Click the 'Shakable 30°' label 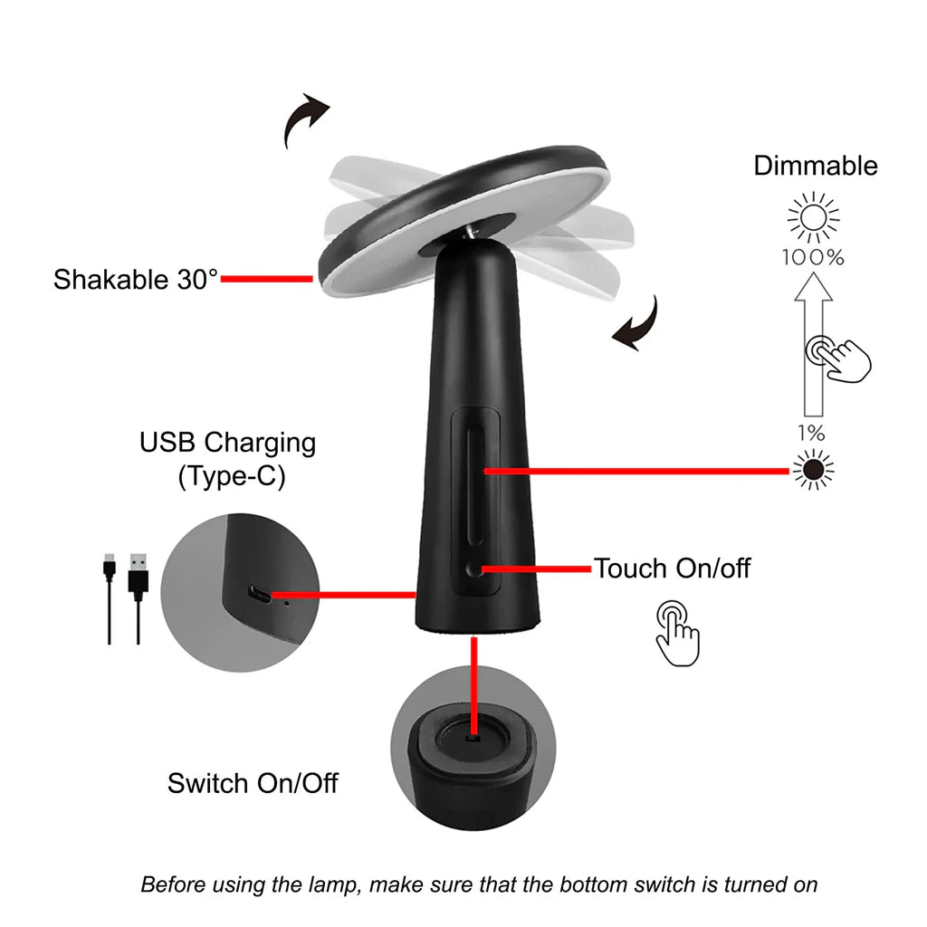(x=136, y=279)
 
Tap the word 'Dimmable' (x=816, y=166)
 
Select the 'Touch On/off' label (x=672, y=569)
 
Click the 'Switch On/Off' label (x=253, y=782)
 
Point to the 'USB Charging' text (x=227, y=443)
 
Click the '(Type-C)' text (x=231, y=476)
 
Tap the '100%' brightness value (x=813, y=258)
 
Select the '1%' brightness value (x=811, y=434)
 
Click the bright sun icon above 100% (x=812, y=217)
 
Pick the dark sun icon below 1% (x=812, y=470)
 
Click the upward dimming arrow (x=811, y=344)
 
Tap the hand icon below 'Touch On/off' (x=678, y=632)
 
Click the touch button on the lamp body (x=474, y=569)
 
